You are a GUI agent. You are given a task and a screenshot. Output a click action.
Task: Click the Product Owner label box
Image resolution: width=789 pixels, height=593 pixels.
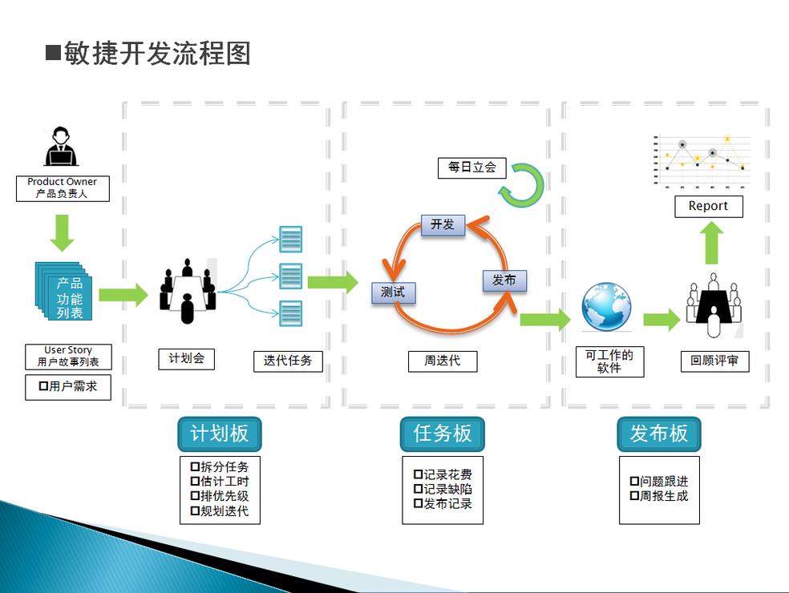63,188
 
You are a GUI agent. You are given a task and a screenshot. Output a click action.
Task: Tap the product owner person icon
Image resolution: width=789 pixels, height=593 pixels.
61,147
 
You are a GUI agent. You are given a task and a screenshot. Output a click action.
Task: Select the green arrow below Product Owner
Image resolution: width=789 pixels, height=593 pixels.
62,232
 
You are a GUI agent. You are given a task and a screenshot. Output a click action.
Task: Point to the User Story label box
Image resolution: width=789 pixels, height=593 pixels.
68,357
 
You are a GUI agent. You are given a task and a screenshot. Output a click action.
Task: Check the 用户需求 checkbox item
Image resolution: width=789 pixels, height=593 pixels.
68,387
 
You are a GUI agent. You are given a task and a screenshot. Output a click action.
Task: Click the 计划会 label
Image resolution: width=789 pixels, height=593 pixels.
186,358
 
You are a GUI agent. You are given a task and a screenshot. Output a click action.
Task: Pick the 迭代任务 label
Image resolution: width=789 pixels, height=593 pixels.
288,361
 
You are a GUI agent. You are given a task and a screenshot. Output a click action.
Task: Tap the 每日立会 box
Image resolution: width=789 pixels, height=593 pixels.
472,167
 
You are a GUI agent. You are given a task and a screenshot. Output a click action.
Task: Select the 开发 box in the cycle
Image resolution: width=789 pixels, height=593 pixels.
443,224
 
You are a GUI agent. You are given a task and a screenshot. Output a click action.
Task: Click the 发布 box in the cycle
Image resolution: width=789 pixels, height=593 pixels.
504,280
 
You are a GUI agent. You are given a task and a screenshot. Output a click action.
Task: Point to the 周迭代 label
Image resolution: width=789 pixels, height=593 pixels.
443,361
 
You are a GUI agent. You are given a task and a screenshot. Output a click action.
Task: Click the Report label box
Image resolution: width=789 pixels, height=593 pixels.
708,206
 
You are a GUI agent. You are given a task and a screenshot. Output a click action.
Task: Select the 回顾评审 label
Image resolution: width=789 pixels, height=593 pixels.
714,361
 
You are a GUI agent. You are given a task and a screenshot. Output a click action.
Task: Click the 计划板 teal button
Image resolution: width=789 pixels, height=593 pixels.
219,434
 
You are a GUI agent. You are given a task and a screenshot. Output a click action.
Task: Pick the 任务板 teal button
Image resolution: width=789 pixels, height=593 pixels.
443,434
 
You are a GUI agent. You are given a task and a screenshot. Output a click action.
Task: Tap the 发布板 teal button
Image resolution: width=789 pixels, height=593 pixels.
659,434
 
